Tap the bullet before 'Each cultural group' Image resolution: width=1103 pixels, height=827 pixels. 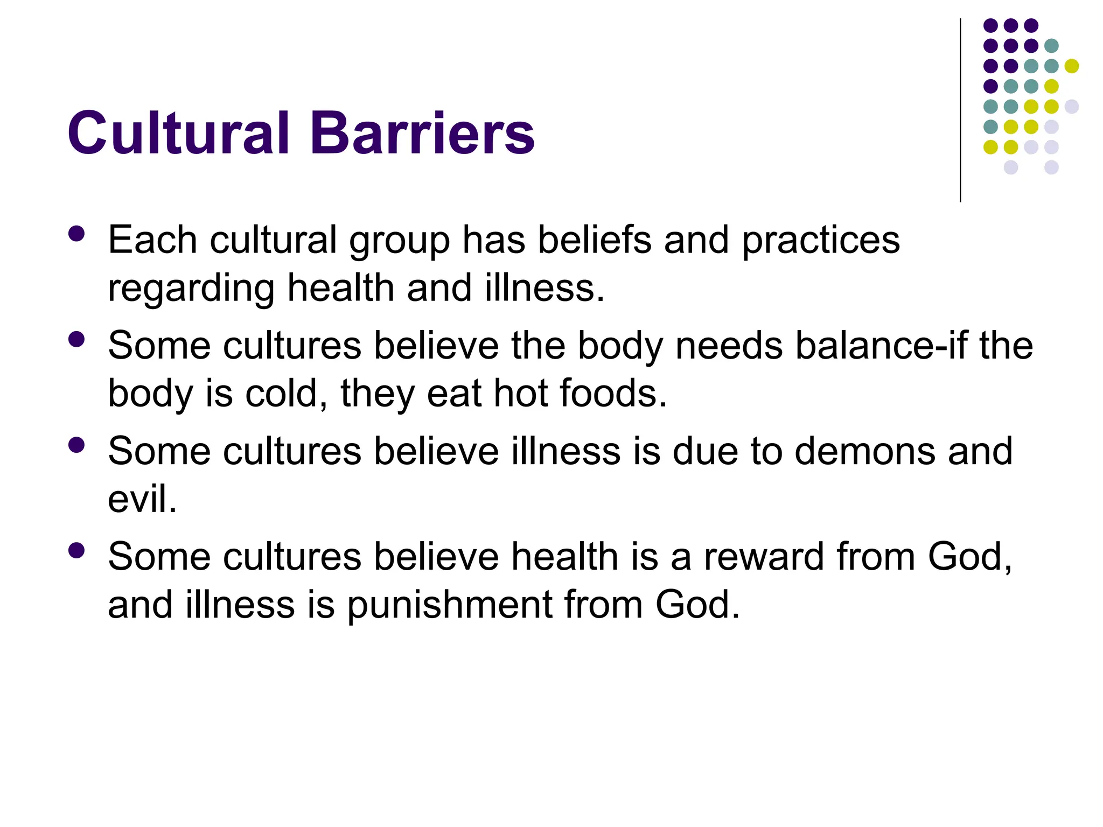[x=76, y=234]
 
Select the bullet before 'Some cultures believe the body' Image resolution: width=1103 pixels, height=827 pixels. [x=76, y=339]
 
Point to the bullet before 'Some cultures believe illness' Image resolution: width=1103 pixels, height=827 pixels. [x=76, y=445]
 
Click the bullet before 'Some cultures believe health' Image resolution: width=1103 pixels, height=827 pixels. [x=76, y=550]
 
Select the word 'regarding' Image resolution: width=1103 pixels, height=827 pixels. [x=191, y=289]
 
